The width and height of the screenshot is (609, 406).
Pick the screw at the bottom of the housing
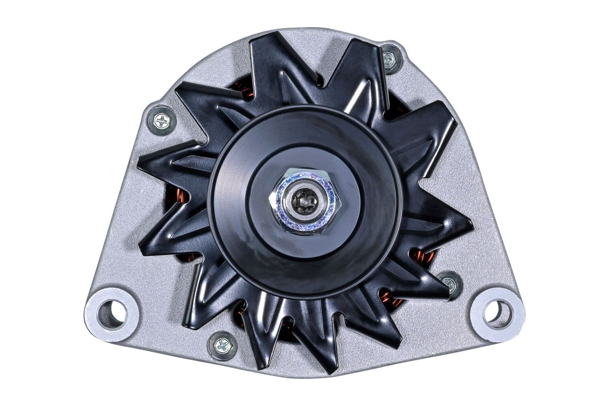coord(222,345)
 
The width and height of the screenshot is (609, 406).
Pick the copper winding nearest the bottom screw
coord(244,321)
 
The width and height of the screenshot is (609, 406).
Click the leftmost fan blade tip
coord(140,164)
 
